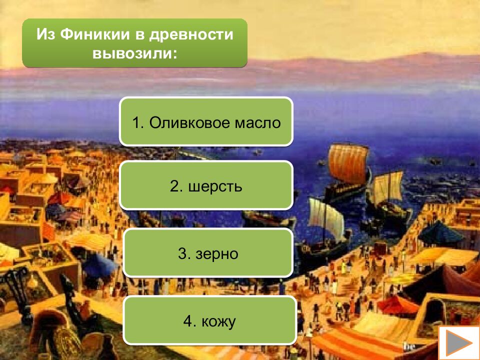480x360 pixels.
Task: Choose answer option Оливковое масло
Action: [205, 122]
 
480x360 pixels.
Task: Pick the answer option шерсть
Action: [205, 186]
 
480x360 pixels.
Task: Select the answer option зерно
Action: [207, 253]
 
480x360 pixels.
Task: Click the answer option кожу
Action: [208, 321]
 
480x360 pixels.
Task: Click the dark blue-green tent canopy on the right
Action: [440, 232]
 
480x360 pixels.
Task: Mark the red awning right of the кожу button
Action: [397, 303]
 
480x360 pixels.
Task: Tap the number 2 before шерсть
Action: [174, 186]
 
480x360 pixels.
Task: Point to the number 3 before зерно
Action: [182, 254]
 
